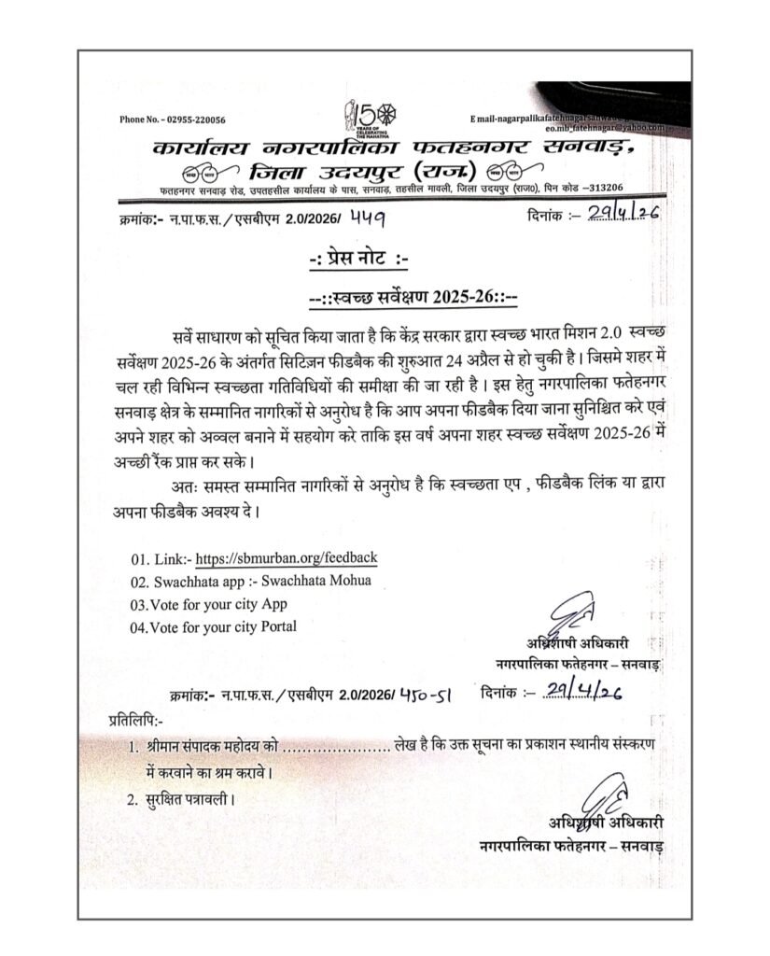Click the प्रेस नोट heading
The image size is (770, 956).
384,258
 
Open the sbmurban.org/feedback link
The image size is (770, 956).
283,558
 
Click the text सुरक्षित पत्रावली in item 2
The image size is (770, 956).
191,800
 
